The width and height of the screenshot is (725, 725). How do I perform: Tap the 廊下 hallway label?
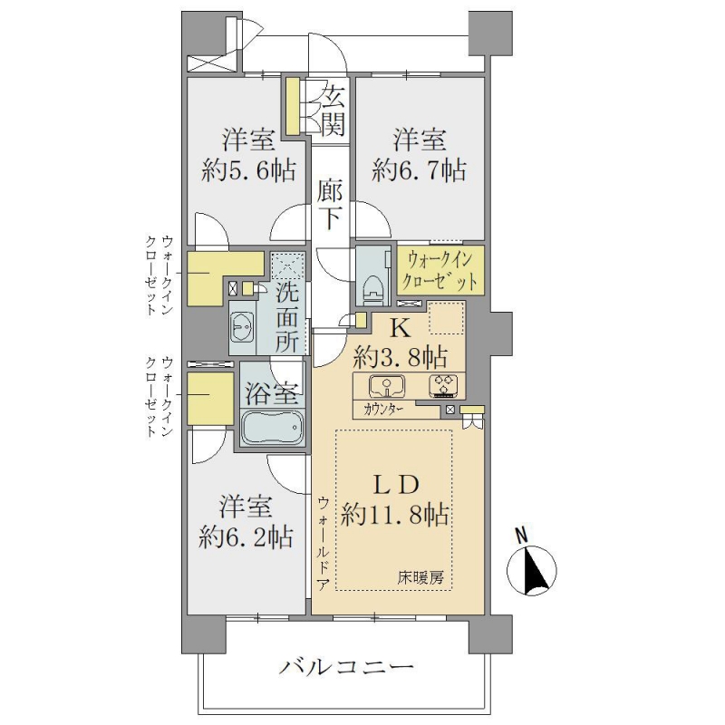tap(329, 206)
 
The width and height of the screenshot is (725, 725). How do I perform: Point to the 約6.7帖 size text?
tap(419, 171)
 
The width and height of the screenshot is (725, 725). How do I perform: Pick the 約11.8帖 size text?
tap(394, 515)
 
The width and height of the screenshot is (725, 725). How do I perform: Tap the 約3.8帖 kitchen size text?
tap(401, 356)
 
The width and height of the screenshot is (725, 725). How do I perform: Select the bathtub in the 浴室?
tap(273, 427)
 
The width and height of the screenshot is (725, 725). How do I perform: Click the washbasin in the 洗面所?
tap(241, 327)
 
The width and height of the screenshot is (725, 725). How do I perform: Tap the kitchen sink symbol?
tap(387, 386)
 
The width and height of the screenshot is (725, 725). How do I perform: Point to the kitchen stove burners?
tap(443, 386)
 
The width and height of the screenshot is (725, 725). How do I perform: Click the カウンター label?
tap(383, 410)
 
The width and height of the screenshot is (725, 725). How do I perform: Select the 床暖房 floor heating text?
tap(420, 577)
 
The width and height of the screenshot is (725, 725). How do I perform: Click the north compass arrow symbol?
tap(531, 570)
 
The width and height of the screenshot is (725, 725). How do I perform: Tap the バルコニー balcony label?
tap(346, 667)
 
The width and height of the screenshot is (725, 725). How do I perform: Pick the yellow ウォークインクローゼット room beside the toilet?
tap(440, 271)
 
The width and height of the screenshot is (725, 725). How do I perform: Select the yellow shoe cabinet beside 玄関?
tap(292, 106)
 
